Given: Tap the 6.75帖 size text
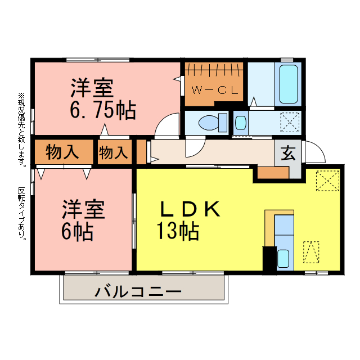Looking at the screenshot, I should (102, 110).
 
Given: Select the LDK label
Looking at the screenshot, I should (188, 209).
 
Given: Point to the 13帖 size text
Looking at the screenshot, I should (177, 231).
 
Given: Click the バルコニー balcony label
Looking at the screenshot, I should (138, 292).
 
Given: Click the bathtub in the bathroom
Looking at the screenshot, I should (289, 84).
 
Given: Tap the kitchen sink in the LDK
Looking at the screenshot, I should (283, 259).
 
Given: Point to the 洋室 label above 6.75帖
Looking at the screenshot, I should (92, 88).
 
